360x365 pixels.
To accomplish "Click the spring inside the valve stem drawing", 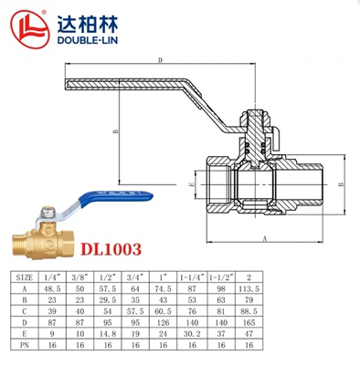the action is (252, 137).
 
